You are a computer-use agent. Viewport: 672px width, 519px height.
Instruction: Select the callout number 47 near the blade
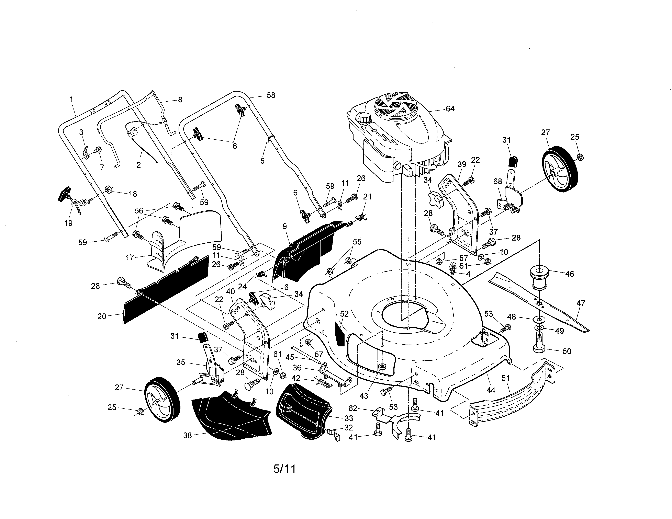[x=580, y=303]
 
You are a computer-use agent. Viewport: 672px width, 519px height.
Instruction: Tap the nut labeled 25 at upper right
[x=580, y=157]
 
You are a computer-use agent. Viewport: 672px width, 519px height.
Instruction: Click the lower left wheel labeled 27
[x=162, y=400]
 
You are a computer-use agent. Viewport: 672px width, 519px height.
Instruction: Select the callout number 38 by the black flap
[x=187, y=435]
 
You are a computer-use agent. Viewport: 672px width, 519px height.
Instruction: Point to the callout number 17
[x=130, y=257]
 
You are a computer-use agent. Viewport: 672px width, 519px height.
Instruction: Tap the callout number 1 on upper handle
[x=71, y=99]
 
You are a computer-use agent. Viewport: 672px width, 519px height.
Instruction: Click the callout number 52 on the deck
[x=344, y=314]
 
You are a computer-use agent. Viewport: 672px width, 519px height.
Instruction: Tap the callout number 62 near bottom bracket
[x=353, y=408]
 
